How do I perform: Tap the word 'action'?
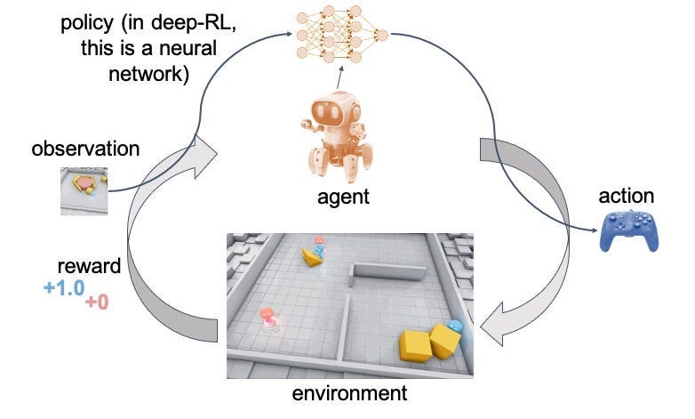[x=627, y=196]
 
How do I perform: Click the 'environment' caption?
[x=349, y=392]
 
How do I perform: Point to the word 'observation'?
[x=85, y=149]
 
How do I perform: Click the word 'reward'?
[x=89, y=266]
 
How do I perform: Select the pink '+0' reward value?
[x=96, y=303]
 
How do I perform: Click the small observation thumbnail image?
[x=84, y=190]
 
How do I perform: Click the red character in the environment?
[x=267, y=317]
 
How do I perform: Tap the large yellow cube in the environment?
[x=417, y=345]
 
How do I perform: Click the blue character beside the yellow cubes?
[x=455, y=329]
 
